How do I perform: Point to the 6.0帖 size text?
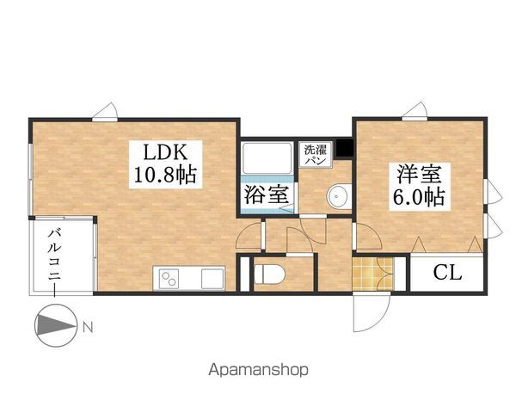click(420, 196)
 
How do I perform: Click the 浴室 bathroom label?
click(266, 194)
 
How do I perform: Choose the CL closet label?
click(447, 274)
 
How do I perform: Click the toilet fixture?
click(270, 274)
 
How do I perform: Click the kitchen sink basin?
click(211, 279)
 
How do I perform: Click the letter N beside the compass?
click(89, 327)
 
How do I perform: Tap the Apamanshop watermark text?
click(258, 371)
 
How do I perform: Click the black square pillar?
click(344, 147)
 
